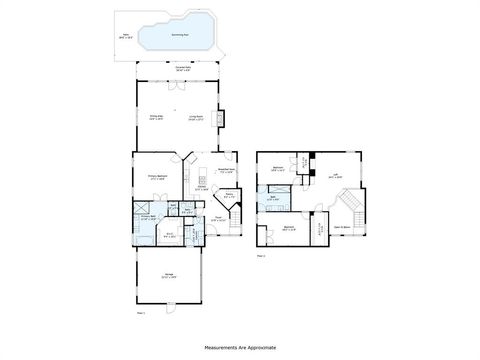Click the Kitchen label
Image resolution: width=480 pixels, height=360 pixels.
201,187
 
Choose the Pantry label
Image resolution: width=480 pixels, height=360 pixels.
229,196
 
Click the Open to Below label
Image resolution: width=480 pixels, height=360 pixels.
341,227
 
